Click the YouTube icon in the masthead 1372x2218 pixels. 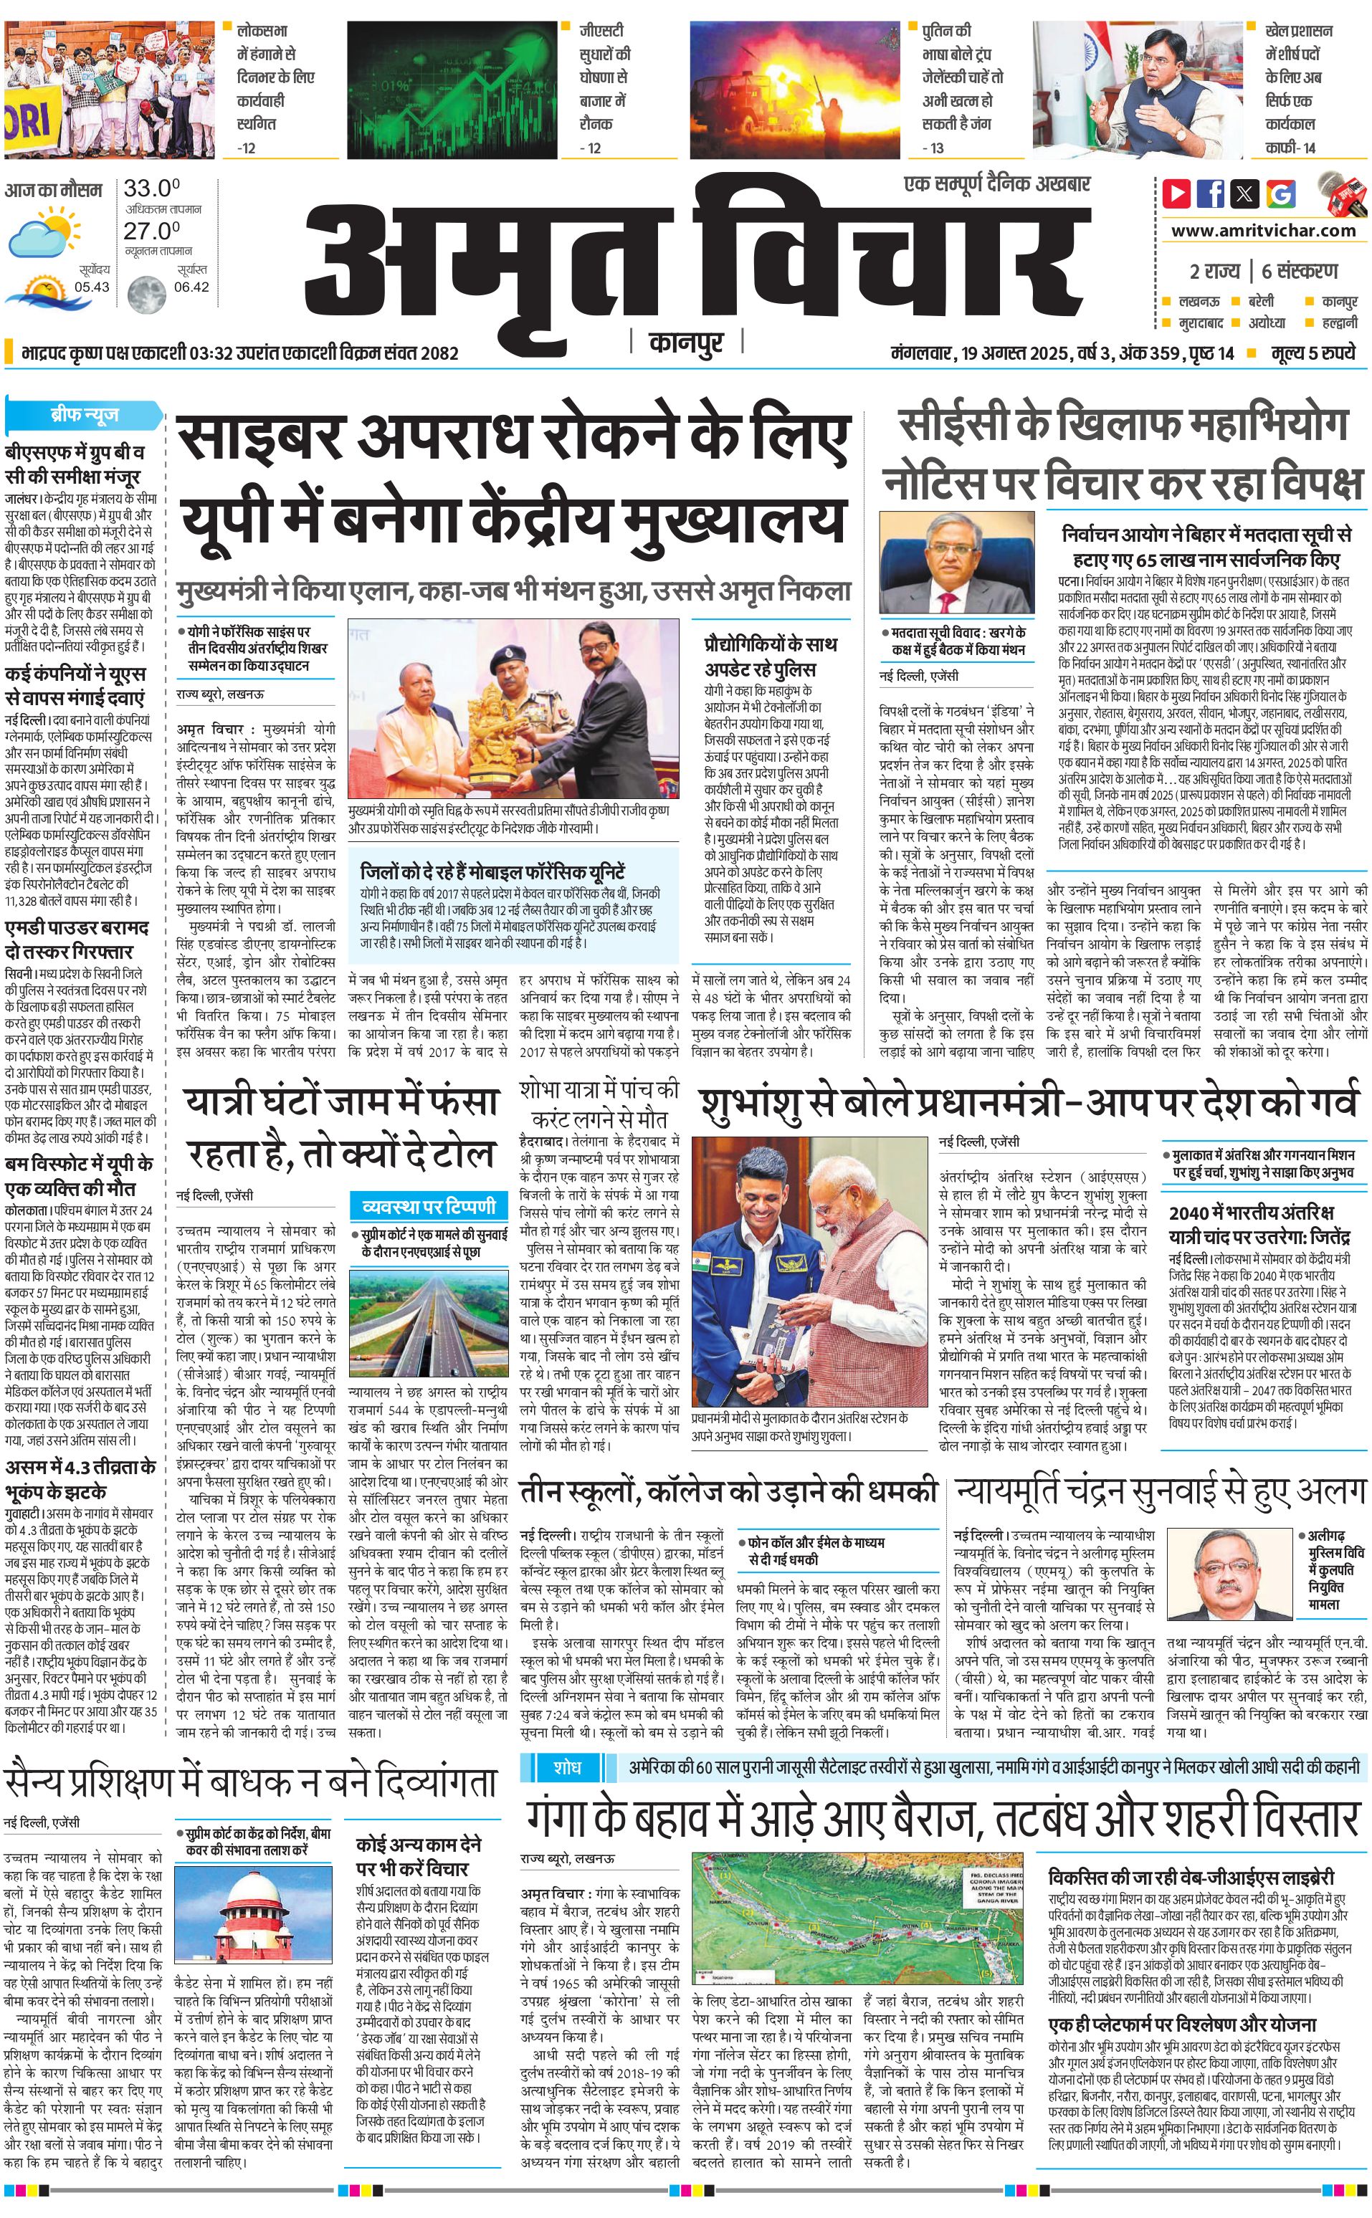[1177, 193]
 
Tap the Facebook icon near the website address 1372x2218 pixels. [1211, 193]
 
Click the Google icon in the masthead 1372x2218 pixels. [1281, 193]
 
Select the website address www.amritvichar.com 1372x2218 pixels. [1263, 231]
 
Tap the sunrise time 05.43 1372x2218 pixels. [92, 287]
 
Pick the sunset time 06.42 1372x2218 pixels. [191, 287]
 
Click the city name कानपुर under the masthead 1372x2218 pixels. [686, 343]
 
